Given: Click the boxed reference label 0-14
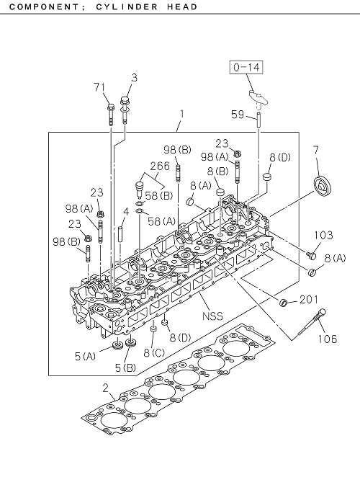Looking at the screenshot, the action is [x=246, y=67].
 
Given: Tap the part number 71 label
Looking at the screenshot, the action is [x=100, y=87].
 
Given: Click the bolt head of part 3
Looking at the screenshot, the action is [x=125, y=101].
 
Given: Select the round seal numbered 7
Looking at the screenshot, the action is [x=323, y=190].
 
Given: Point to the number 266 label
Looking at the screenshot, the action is [x=160, y=166].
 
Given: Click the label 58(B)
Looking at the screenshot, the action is [x=159, y=196].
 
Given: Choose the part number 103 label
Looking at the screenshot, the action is [x=323, y=235].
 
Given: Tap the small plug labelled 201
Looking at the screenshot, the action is [x=283, y=302].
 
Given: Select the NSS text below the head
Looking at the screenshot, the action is [x=212, y=316].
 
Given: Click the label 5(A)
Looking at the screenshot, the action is [x=85, y=356].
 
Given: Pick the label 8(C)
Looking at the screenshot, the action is [x=154, y=353].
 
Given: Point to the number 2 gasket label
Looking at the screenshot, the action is [x=106, y=388].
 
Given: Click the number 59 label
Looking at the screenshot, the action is [x=238, y=115].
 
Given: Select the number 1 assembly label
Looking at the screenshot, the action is [x=181, y=115].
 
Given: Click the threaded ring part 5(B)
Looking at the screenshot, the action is [x=130, y=342].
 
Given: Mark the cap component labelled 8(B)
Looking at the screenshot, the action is [x=221, y=192].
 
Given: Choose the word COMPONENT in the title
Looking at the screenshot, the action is [x=41, y=7].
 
